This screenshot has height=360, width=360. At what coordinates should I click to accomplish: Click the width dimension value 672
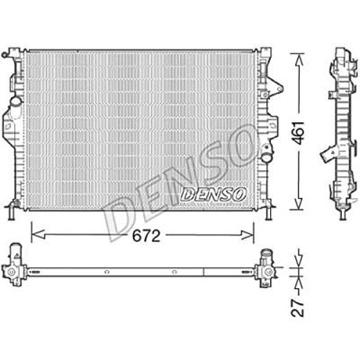point(146,237)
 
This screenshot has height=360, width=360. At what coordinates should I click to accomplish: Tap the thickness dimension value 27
point(298,307)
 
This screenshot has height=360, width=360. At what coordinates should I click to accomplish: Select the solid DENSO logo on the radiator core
point(213,194)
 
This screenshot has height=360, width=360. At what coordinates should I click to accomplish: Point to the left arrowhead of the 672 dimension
point(38,235)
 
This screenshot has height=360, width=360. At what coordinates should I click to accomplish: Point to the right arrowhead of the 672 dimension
point(247,235)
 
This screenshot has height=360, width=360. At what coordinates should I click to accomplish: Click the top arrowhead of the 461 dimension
point(298,59)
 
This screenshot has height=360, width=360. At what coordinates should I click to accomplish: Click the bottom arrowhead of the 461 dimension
point(298,202)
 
